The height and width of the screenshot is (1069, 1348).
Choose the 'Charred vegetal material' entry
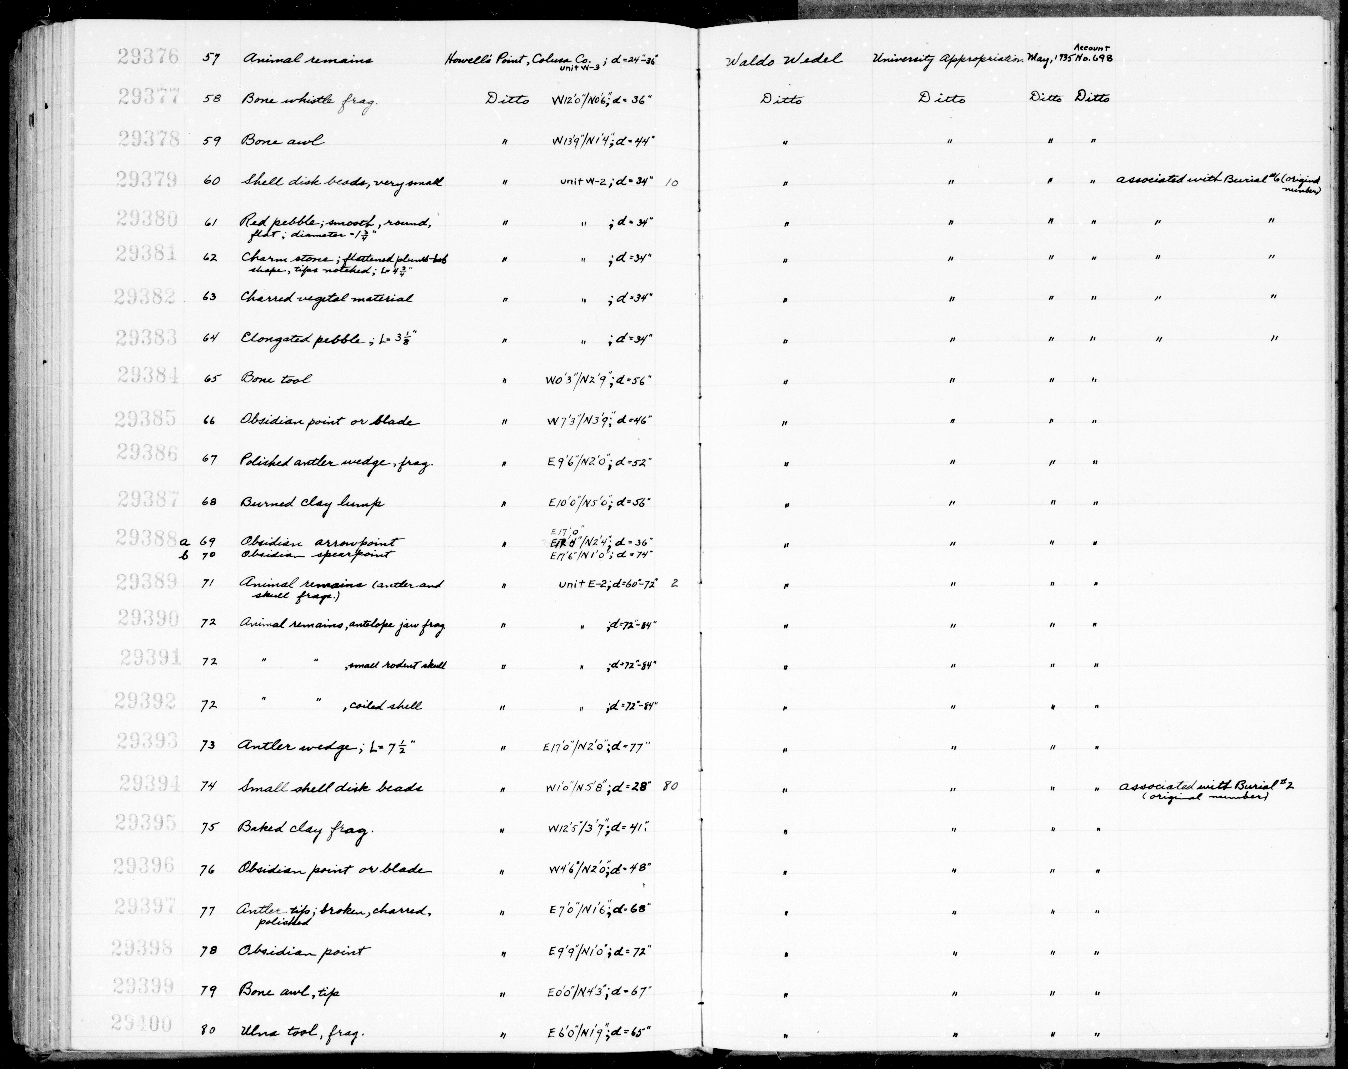(x=326, y=298)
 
